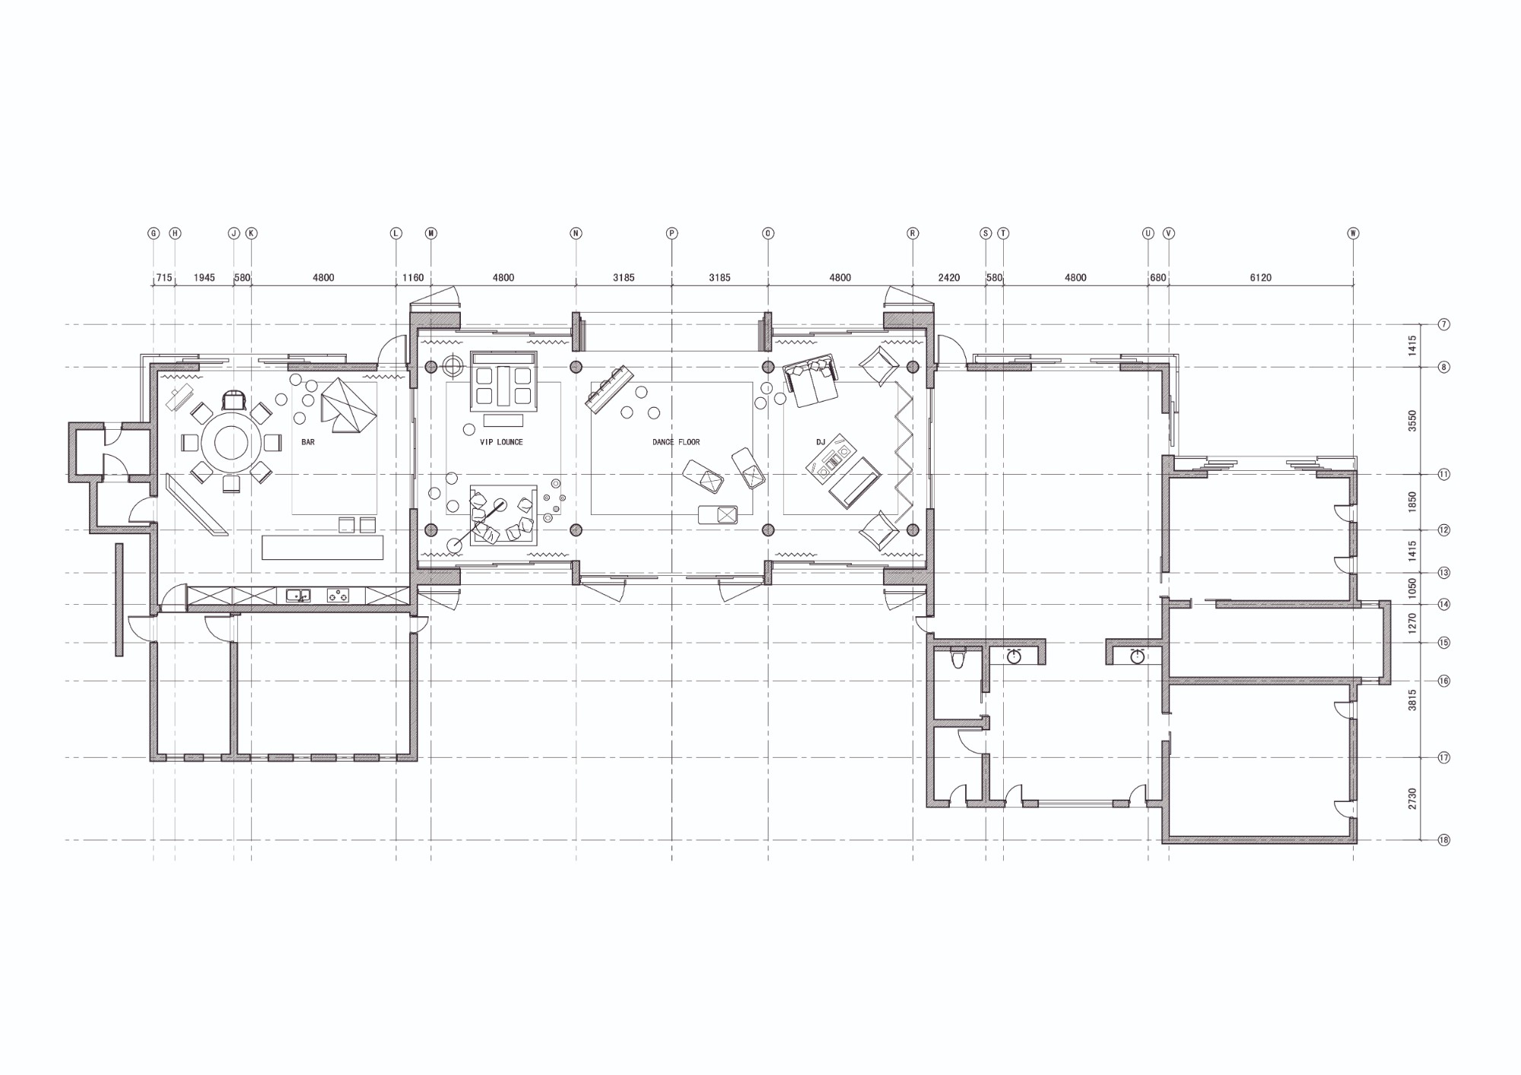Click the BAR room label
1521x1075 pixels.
click(308, 442)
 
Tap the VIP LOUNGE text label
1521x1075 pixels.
click(501, 442)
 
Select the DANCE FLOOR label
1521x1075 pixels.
click(676, 442)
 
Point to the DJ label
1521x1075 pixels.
click(821, 442)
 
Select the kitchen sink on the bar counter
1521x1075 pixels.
click(298, 596)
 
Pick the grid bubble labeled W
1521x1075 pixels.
click(1353, 234)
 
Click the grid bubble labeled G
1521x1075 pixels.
click(154, 234)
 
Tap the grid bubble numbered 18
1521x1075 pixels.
click(1443, 840)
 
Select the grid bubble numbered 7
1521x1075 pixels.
click(1443, 325)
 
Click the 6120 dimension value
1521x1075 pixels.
click(1260, 278)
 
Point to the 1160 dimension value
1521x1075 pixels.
click(413, 278)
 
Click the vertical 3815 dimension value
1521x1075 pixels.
click(1412, 700)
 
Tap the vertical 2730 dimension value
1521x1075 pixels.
click(1412, 799)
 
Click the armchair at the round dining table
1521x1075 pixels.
click(234, 399)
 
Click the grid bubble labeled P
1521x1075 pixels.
click(672, 234)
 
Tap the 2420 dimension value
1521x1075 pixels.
click(948, 278)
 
